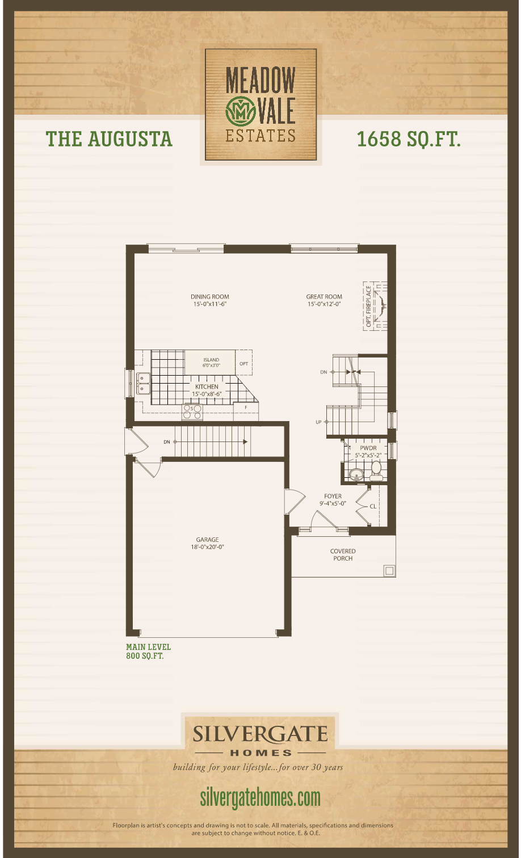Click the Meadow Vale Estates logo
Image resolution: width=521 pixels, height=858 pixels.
click(x=260, y=104)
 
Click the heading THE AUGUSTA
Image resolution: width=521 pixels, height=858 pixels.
click(x=109, y=139)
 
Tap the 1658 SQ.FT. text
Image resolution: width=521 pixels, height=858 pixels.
click(x=409, y=139)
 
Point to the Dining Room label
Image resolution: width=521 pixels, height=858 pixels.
click(x=210, y=300)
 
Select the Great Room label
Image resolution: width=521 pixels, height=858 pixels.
click(x=324, y=300)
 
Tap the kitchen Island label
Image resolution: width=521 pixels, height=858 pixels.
click(x=211, y=363)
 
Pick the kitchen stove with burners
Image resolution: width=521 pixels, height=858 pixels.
click(x=192, y=412)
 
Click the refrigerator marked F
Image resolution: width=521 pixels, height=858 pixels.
click(x=246, y=408)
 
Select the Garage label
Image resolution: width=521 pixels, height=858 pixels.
click(x=208, y=544)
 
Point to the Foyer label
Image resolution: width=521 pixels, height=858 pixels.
click(x=333, y=499)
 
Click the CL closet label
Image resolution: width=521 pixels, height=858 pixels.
click(x=373, y=506)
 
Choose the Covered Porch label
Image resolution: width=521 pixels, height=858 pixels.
click(x=343, y=554)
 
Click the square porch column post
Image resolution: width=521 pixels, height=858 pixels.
click(x=389, y=570)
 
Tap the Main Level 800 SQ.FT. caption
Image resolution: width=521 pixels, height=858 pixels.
click(x=148, y=651)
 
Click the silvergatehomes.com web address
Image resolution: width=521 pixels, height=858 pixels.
click(x=260, y=797)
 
